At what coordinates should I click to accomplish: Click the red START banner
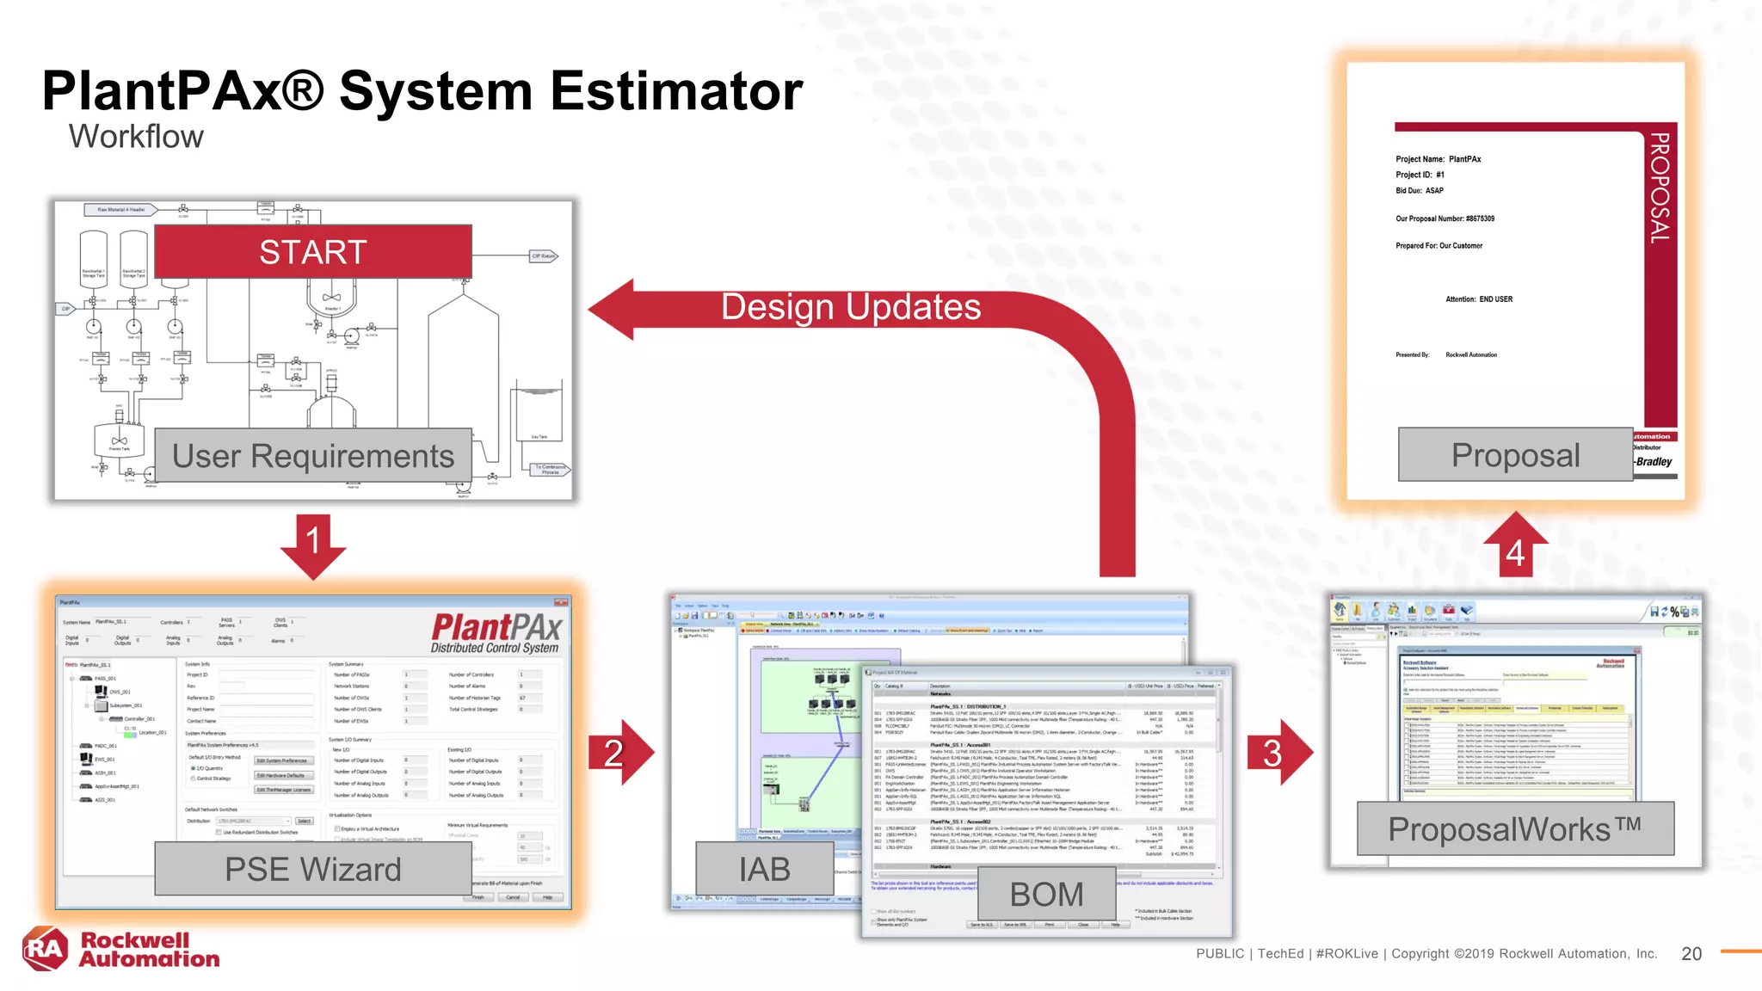pos(313,251)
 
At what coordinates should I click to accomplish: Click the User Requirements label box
pos(313,456)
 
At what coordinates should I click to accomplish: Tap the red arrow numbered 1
pos(313,545)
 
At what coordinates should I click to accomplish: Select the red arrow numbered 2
pos(619,753)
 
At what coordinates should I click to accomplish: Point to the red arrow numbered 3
pos(1278,753)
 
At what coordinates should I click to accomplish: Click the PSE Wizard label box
pos(313,869)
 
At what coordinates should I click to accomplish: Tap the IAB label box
pos(764,869)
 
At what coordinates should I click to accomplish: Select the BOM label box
pos(1046,895)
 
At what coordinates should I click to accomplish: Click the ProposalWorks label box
pos(1514,829)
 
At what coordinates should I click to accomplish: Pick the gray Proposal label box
pos(1515,455)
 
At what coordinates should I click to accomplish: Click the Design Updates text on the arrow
pos(850,307)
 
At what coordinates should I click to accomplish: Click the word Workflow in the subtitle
pos(136,137)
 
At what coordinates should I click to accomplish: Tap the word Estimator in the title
pos(676,91)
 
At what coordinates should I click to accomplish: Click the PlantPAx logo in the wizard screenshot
pos(496,633)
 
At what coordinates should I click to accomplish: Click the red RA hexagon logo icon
pos(46,949)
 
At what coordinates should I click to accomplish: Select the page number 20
pos(1691,953)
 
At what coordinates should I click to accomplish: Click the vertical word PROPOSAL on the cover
pos(1660,188)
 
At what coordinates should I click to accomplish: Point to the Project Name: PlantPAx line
pos(1438,159)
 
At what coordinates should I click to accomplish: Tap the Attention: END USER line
pos(1478,299)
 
